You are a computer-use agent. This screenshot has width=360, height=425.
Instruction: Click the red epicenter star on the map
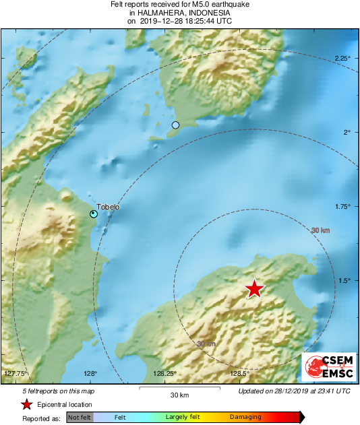254,289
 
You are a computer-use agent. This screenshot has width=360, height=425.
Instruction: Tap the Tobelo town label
108,207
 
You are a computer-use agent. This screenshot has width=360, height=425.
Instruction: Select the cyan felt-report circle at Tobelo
94,214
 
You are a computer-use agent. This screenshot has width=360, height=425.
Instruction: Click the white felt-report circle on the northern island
176,125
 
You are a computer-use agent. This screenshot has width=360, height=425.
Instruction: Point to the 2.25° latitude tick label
342,59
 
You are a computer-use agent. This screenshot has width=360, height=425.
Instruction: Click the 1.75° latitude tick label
342,207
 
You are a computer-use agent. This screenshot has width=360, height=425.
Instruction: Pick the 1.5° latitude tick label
344,281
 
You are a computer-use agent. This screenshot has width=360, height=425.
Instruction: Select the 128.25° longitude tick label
165,373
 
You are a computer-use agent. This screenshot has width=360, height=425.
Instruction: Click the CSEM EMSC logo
326,368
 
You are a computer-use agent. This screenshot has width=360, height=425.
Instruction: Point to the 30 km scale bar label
179,394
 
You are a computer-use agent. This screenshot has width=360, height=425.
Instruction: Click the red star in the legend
26,404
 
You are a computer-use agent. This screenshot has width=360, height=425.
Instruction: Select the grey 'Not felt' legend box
80,418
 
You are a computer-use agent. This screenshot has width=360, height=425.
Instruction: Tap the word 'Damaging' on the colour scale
245,418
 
